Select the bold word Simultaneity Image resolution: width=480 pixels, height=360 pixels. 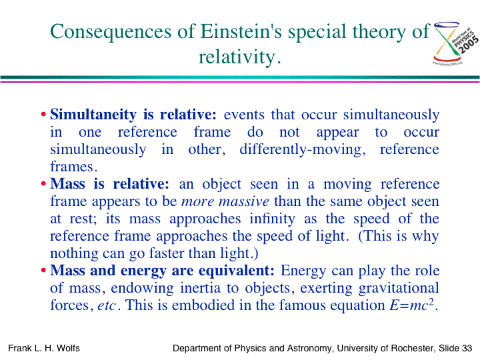click(x=93, y=115)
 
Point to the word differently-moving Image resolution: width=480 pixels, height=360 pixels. click(x=303, y=150)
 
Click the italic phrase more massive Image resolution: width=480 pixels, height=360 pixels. click(x=225, y=201)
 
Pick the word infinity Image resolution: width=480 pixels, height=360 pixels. click(x=272, y=219)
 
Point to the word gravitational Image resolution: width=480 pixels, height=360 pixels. click(x=399, y=289)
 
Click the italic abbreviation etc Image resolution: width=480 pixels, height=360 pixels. click(x=107, y=305)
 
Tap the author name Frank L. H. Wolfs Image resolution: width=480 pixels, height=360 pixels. click(x=44, y=348)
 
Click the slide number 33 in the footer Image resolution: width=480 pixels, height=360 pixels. click(x=467, y=348)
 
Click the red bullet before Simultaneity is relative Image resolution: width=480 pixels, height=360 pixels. click(x=43, y=115)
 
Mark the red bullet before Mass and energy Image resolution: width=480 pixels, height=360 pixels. click(x=43, y=271)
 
